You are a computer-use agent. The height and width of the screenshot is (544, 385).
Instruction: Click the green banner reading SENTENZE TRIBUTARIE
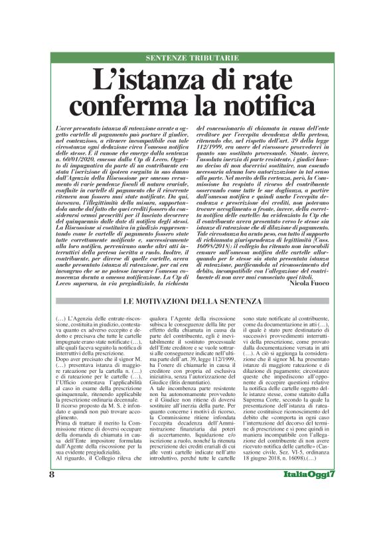coord(192,58)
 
